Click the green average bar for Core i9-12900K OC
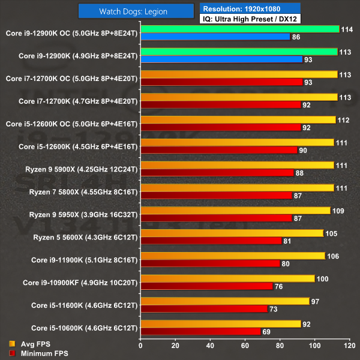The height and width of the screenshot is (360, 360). pyautogui.click(x=239, y=29)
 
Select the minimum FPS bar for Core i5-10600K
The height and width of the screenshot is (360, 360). pyautogui.click(x=200, y=332)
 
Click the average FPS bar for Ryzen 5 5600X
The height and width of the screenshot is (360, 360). pyautogui.click(x=232, y=233)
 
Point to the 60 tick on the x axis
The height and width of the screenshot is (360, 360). pyautogui.click(x=244, y=346)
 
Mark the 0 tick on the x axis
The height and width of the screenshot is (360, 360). pyautogui.click(x=140, y=346)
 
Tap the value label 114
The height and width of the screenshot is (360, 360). pyautogui.click(x=346, y=29)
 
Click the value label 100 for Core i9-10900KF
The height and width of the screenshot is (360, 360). pyautogui.click(x=322, y=279)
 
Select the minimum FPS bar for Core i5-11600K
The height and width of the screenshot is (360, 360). pyautogui.click(x=203, y=309)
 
